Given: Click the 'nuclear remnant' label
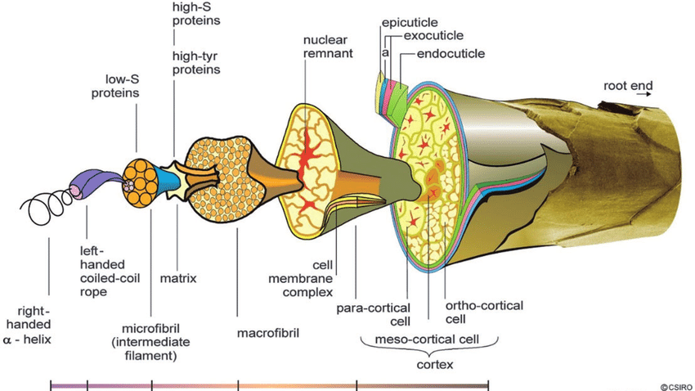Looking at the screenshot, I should pos(326,46).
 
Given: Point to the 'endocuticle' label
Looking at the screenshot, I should pos(451,54).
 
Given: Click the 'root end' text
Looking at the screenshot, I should pos(628,84).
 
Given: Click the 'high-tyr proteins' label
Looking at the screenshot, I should pos(196,62).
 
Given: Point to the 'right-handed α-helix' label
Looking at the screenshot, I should pos(33,324).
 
